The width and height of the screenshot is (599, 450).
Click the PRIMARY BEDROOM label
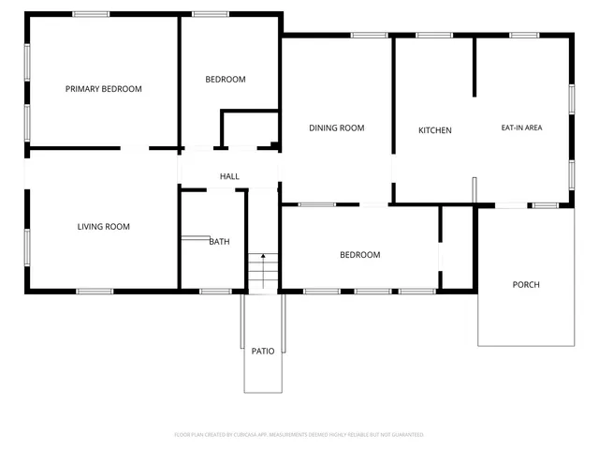pyautogui.click(x=103, y=89)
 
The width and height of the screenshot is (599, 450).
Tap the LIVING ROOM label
pyautogui.click(x=103, y=226)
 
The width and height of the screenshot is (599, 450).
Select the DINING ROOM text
pyautogui.click(x=336, y=127)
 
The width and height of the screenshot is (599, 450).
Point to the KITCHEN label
pyautogui.click(x=434, y=130)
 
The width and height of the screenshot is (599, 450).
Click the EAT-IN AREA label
pyautogui.click(x=521, y=127)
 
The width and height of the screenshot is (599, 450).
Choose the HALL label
pyautogui.click(x=229, y=176)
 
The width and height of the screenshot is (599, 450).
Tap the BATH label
pyautogui.click(x=219, y=241)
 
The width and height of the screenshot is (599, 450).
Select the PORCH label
pyautogui.click(x=526, y=284)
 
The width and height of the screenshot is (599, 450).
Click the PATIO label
pyautogui.click(x=263, y=351)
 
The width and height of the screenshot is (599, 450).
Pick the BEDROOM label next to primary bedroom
pyautogui.click(x=226, y=80)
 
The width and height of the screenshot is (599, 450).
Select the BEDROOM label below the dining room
pyautogui.click(x=359, y=255)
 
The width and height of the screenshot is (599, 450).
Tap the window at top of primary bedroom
pyautogui.click(x=91, y=14)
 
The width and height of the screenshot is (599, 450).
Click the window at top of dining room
pyautogui.click(x=369, y=36)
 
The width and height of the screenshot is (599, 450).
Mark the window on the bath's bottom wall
pyautogui.click(x=215, y=291)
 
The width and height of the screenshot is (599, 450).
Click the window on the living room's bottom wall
pyautogui.click(x=95, y=291)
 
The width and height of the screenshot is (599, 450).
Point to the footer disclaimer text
pyautogui.click(x=299, y=434)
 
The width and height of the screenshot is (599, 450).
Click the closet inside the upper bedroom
pyautogui.click(x=249, y=129)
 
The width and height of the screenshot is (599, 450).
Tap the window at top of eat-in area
pyautogui.click(x=524, y=36)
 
